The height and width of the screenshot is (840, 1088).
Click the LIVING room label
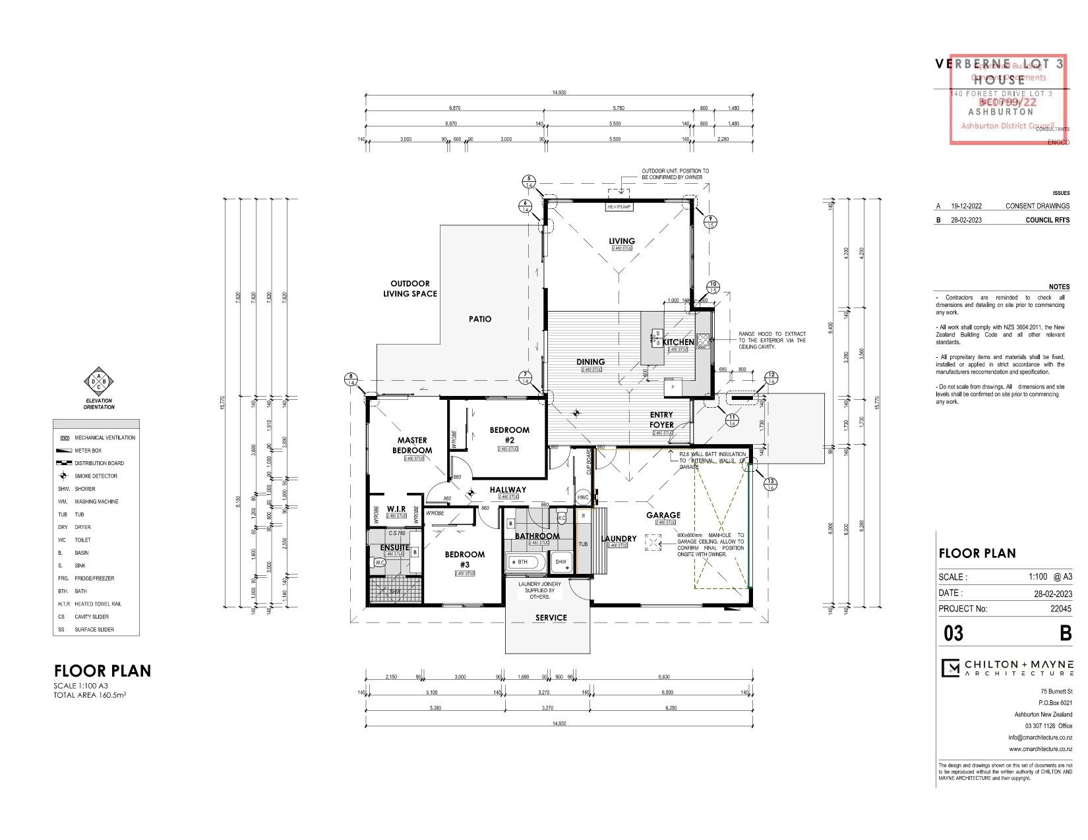point(621,241)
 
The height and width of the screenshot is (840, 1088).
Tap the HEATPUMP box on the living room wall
point(619,207)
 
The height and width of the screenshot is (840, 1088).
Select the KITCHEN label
point(679,342)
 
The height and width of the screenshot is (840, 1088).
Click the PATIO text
point(480,319)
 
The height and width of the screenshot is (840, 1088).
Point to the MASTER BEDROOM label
point(412,445)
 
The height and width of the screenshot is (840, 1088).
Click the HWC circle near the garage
point(583,497)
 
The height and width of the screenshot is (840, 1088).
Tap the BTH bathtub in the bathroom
point(525,562)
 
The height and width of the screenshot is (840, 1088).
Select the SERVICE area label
point(551,617)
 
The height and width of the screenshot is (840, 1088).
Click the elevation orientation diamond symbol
point(99,381)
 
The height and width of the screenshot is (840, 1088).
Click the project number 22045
point(1060,609)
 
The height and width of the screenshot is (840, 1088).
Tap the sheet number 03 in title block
point(953,634)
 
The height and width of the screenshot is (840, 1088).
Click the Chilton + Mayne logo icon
point(950,668)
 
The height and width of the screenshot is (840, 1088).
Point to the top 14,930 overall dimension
point(559,93)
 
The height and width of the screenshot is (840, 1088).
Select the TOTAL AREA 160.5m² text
point(90,695)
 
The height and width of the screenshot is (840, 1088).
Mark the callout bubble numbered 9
point(710,222)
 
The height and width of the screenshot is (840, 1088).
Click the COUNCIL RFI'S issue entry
point(1047,220)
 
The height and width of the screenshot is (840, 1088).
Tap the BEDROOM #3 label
point(464,559)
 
